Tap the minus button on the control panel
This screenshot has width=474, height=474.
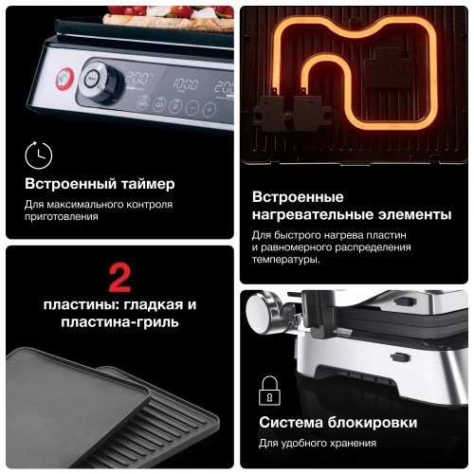click(x=192, y=108)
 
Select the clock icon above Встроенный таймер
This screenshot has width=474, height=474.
click(x=38, y=155)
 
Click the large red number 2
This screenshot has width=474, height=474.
click(x=119, y=278)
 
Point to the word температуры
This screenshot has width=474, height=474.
click(x=285, y=259)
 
